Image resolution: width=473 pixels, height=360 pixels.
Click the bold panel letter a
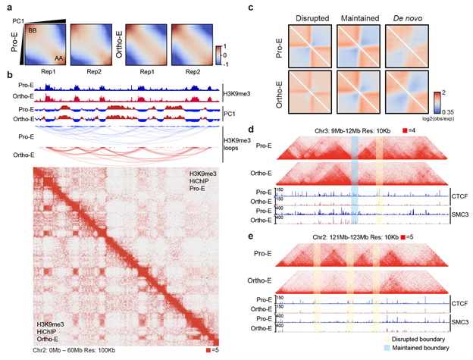8,6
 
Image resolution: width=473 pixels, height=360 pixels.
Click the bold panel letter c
251,6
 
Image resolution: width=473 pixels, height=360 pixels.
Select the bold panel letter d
251,131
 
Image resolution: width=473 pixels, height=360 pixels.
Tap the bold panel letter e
251,237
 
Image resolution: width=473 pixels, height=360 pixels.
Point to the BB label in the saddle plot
33,30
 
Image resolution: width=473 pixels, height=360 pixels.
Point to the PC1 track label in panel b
230,114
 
